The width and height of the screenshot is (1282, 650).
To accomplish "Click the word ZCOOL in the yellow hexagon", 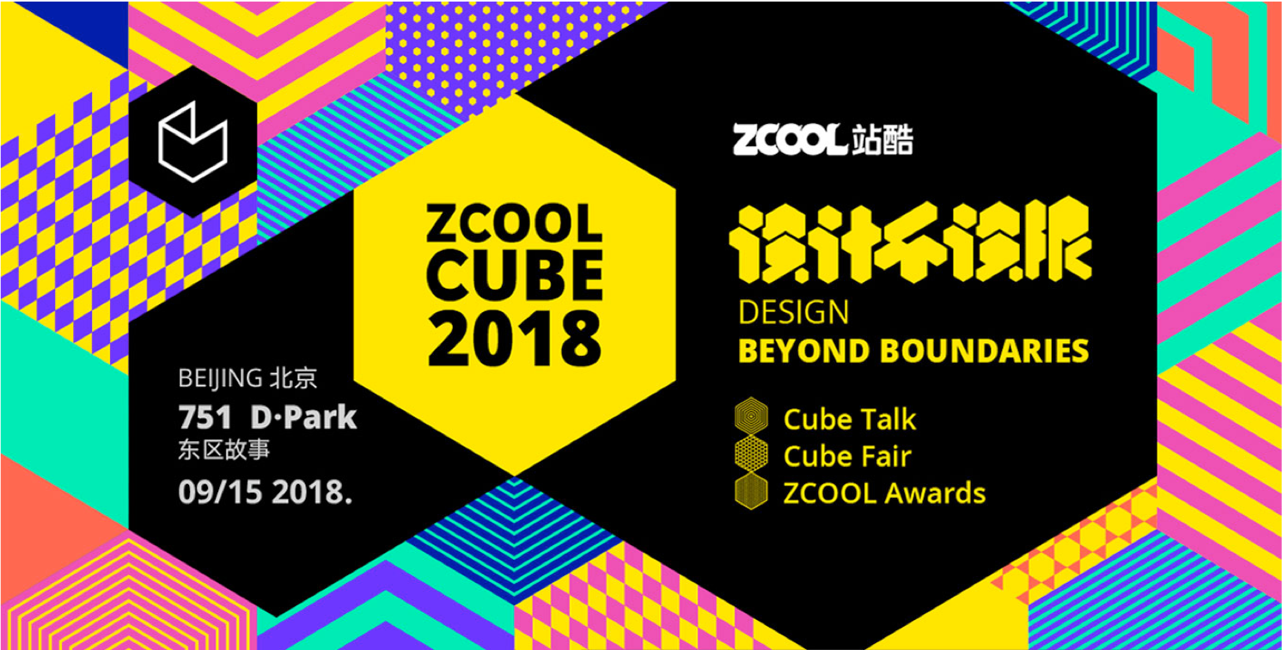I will pos(515,226).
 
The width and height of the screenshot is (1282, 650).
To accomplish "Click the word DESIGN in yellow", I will pos(793,311).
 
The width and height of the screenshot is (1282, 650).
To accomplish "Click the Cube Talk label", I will pos(849,420).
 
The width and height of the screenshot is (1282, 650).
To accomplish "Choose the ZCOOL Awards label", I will pos(883,494).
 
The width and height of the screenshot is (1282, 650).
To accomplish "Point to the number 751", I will pos(205,418).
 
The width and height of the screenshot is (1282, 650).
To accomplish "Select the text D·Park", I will pos(303,418).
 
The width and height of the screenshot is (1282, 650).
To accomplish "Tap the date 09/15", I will pos(218,493).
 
